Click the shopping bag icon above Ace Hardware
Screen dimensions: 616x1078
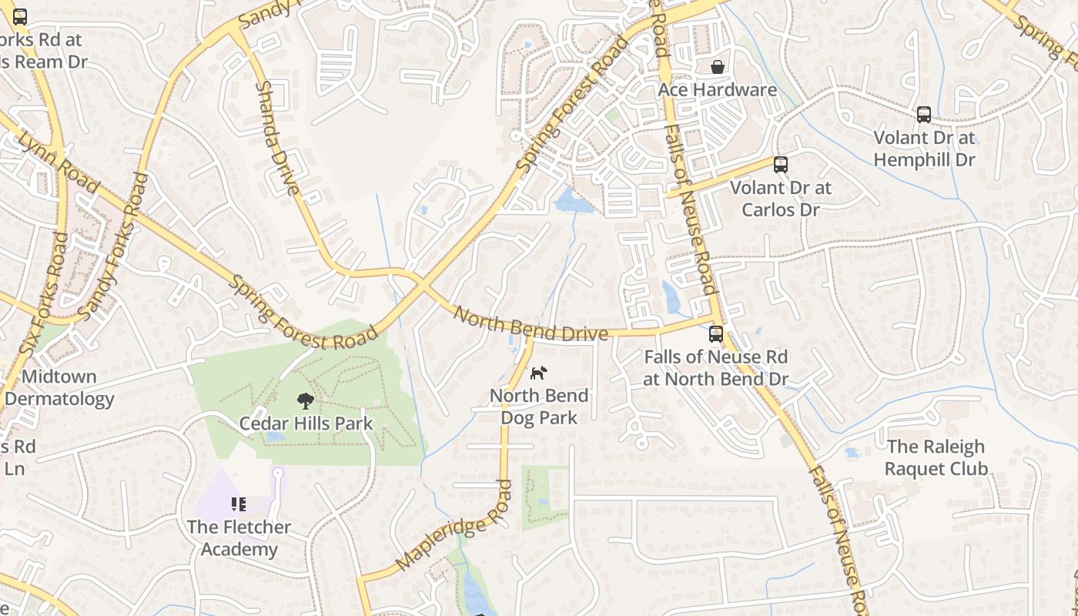717,67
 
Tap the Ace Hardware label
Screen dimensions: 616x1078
717,89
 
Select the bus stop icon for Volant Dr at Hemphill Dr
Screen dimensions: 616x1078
924,115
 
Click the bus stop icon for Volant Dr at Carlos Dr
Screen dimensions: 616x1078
780,164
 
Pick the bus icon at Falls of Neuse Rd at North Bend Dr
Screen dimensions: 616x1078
716,334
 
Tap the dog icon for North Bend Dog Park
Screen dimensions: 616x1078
539,373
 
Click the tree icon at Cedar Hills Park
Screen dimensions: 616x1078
306,400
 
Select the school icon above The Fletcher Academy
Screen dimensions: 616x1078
239,504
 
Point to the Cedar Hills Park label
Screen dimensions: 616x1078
306,423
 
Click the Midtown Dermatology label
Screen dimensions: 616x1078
60,388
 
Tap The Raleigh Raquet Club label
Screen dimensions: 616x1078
936,457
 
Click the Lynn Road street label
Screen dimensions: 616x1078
59,162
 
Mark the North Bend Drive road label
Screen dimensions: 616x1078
530,324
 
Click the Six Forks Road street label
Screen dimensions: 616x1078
42,293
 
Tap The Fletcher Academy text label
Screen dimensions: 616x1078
239,538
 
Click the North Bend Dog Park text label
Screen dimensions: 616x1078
539,407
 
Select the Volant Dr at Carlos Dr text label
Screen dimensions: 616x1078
780,198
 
